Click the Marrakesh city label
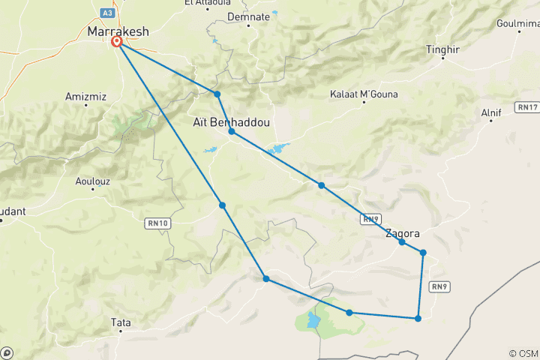point(118,31)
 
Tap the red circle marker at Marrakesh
point(118,43)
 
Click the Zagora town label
point(402,233)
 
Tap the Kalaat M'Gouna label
point(364,94)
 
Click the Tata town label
point(120,322)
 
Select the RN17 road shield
point(527,108)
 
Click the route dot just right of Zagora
point(424,253)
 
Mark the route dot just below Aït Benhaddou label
point(232,131)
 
